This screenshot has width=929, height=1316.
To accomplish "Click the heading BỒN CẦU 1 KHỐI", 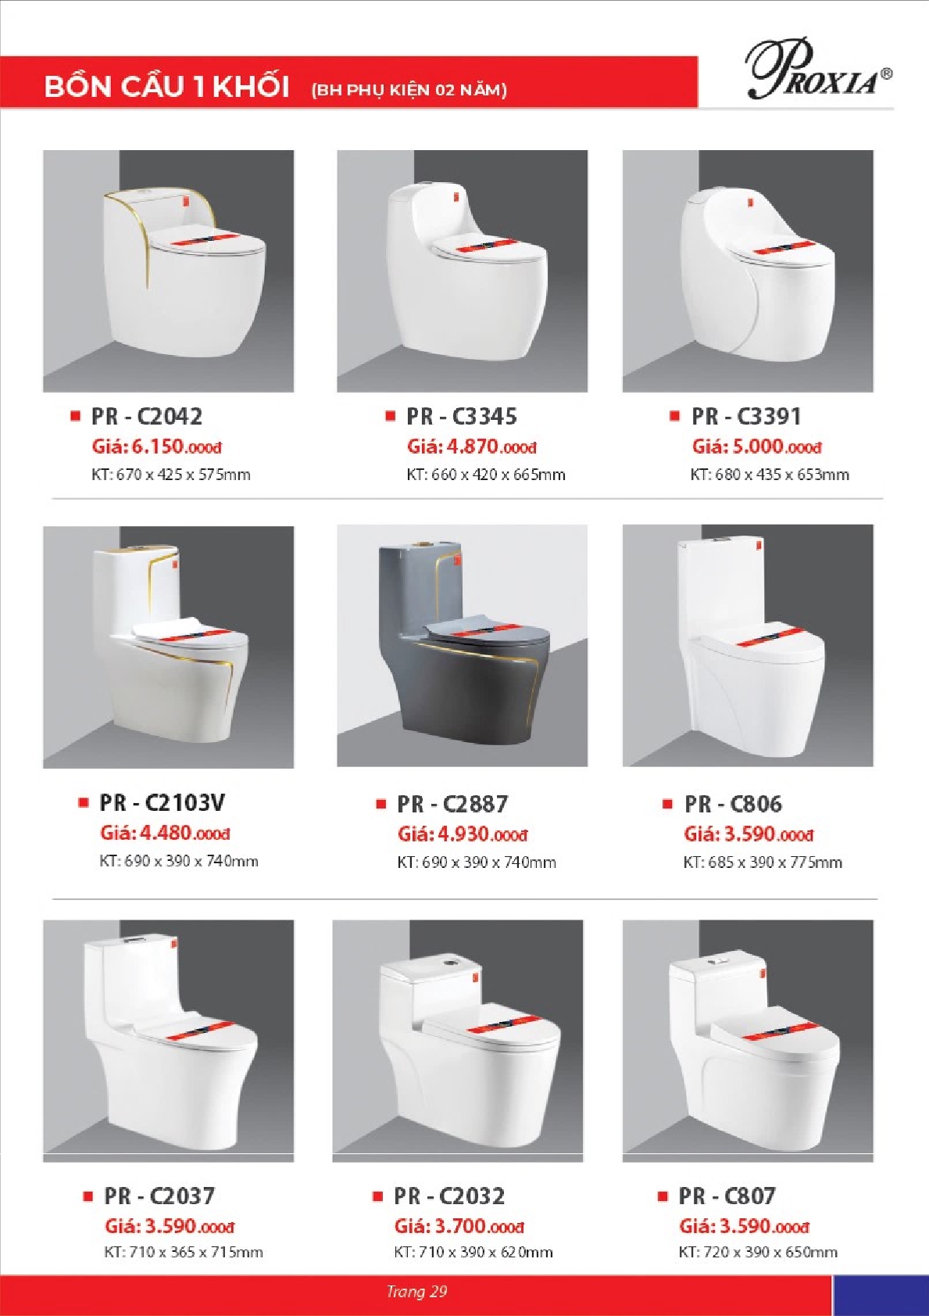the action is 166,87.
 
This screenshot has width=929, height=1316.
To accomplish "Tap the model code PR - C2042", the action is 147,417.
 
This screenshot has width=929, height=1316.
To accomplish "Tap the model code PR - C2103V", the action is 162,802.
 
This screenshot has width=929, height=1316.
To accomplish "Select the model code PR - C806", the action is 733,804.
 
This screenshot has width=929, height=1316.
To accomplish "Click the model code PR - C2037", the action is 159,1196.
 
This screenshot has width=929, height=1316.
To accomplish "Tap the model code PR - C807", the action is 727,1196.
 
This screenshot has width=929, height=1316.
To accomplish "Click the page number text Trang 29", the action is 416,1291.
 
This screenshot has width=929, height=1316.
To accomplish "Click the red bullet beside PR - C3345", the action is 390,416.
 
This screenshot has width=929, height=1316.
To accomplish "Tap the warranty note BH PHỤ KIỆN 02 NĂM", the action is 409,90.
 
